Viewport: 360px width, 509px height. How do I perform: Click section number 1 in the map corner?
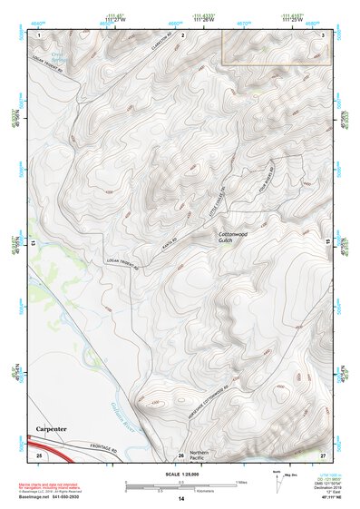click(40, 34)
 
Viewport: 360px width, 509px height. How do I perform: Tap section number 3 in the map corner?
click(323, 34)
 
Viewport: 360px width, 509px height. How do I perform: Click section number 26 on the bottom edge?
click(180, 454)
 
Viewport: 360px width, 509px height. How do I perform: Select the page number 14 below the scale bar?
click(180, 499)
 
